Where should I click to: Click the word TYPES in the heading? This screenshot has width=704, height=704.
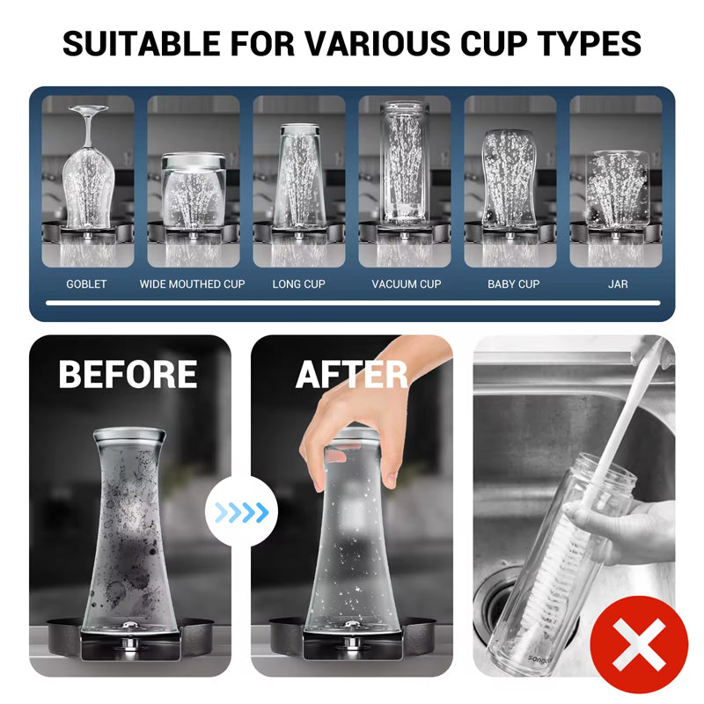587,42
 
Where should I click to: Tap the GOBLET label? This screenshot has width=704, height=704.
86,284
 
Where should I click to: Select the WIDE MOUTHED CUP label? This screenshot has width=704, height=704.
192,284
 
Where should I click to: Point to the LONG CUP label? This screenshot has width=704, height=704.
298,284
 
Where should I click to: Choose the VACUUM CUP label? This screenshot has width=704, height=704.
406,284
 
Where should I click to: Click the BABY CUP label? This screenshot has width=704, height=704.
513,284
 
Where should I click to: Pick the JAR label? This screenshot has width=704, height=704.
618,284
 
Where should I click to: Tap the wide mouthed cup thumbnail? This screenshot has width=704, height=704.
193,189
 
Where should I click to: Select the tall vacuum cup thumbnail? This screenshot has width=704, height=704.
405,167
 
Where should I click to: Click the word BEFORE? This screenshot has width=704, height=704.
128,374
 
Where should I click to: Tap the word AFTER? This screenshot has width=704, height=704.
351,374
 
